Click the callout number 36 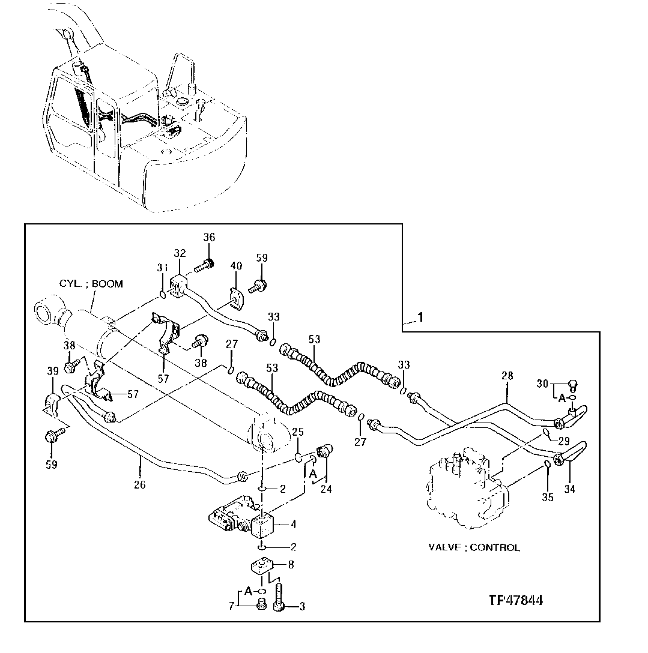[208, 237]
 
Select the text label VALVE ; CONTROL [474, 547]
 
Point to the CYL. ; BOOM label [91, 283]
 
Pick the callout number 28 [508, 376]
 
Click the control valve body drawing [468, 486]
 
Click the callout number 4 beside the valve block [292, 524]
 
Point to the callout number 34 [569, 489]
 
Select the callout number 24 [326, 489]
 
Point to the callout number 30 [542, 384]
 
